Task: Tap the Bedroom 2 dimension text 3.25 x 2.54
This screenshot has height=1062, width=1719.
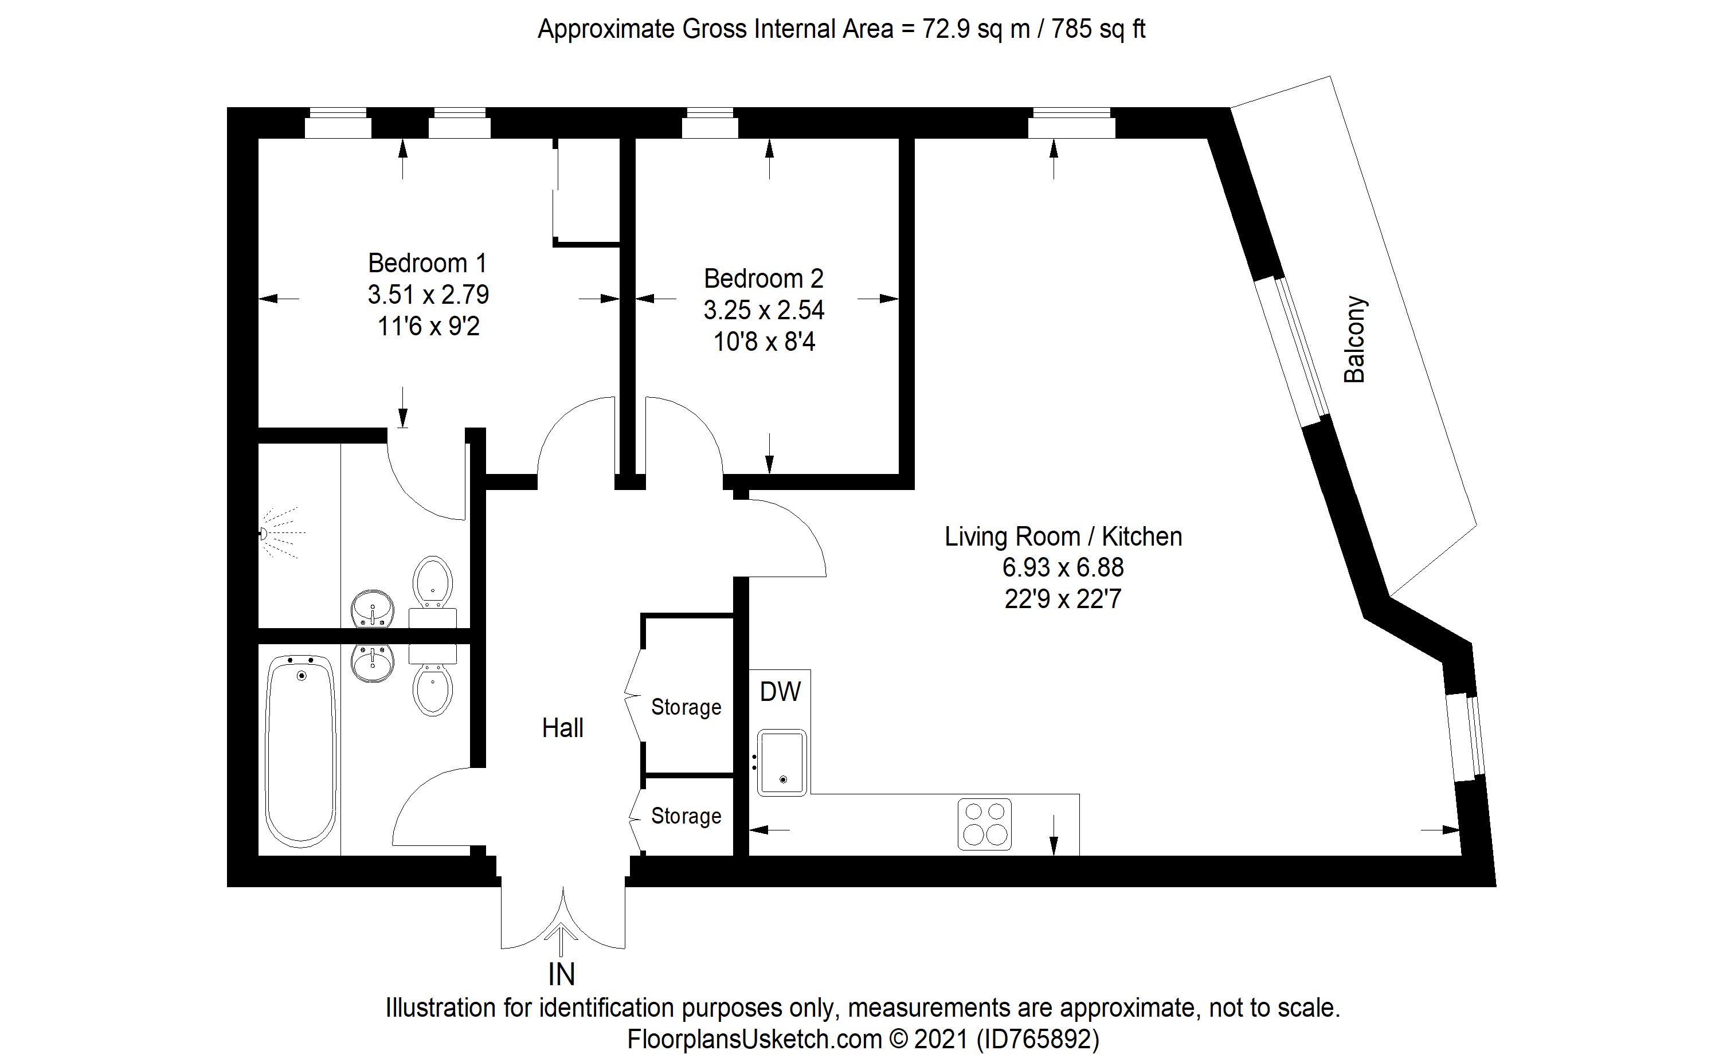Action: click(x=763, y=309)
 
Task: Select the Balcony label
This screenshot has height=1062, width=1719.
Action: click(x=1354, y=339)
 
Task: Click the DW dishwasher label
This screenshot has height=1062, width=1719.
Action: click(x=780, y=692)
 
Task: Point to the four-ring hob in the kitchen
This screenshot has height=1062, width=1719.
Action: click(x=984, y=824)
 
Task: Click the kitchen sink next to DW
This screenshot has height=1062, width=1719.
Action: click(x=782, y=763)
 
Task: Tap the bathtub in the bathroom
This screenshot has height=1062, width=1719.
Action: click(x=301, y=751)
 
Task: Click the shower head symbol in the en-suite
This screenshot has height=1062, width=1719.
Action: click(x=265, y=534)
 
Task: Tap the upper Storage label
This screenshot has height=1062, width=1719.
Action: click(x=686, y=707)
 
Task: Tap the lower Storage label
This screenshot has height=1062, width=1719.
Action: click(x=686, y=816)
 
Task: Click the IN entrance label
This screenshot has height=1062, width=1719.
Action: click(x=561, y=975)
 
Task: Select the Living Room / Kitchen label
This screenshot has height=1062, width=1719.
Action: click(x=1063, y=536)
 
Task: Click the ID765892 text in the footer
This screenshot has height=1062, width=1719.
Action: click(x=1037, y=1039)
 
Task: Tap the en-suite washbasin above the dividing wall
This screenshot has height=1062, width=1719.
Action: click(x=373, y=608)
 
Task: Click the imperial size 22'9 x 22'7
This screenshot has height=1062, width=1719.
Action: click(x=1063, y=599)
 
